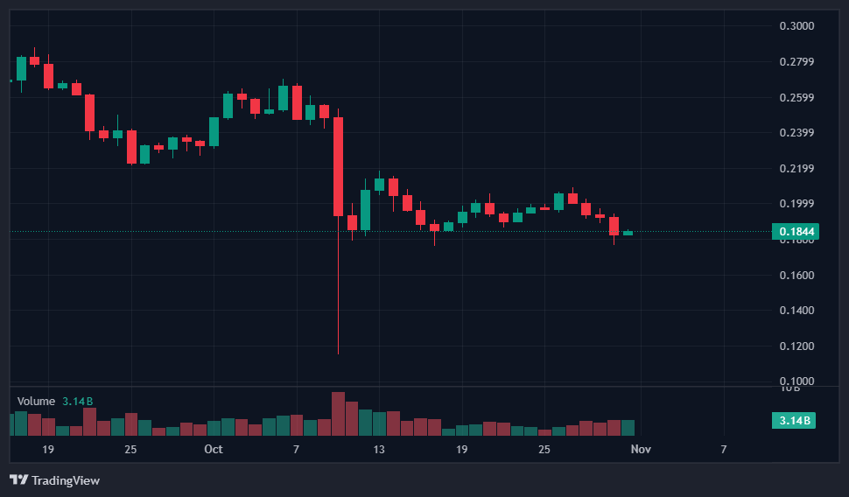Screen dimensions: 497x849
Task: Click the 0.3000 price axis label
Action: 796,26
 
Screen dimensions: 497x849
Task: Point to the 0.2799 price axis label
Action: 796,62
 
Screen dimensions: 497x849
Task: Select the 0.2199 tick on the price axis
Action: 796,169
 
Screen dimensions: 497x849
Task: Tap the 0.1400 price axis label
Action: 796,311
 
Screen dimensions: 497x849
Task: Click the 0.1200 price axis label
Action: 796,346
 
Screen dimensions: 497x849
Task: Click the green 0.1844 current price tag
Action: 794,232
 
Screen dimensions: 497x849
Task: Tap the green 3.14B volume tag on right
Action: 794,421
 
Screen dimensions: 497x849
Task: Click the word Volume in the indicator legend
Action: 36,401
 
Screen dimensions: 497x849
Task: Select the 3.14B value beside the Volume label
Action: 77,401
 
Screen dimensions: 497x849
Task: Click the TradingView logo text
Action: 65,480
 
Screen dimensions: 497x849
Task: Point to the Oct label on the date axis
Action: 214,449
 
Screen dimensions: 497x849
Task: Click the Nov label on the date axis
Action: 641,449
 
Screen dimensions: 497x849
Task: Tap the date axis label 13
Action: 379,449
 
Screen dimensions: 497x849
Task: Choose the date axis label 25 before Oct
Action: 130,449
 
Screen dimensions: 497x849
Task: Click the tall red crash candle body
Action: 338,166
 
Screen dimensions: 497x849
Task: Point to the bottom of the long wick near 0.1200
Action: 338,353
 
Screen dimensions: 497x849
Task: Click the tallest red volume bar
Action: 338,413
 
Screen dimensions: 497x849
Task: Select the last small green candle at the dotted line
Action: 628,233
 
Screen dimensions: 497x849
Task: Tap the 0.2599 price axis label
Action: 796,97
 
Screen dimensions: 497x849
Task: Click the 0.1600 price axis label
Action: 796,276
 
